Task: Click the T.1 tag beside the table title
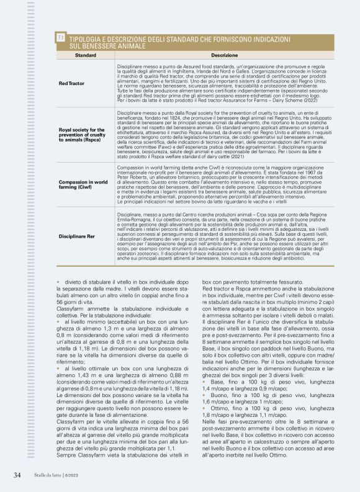pos(61,39)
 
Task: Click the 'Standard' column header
pos(85,55)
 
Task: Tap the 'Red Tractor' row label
pos(71,83)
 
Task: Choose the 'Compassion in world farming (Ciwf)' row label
pos(83,184)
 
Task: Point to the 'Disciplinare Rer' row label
pos(78,237)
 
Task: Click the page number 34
pos(17,475)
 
